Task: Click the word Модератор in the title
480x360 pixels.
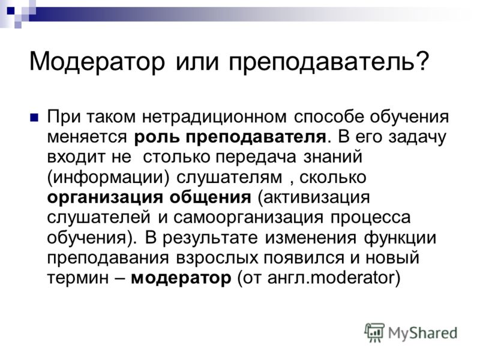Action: coord(97,62)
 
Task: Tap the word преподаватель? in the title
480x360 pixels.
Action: coord(328,62)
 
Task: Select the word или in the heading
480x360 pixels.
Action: coord(197,62)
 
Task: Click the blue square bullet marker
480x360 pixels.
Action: coord(34,118)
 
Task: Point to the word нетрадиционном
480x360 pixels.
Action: coord(214,117)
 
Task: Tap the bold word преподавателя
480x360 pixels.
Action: coord(256,137)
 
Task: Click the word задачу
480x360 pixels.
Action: coord(418,137)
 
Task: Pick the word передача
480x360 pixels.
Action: coord(256,157)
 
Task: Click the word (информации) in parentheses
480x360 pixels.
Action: coord(108,178)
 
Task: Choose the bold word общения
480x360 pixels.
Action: coord(211,198)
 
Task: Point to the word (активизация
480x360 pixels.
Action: coord(314,198)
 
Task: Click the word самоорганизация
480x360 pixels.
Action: coord(248,218)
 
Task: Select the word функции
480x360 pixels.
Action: coord(400,238)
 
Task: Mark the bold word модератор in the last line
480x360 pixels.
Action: coord(181,278)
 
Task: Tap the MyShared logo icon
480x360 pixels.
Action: coord(374,332)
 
